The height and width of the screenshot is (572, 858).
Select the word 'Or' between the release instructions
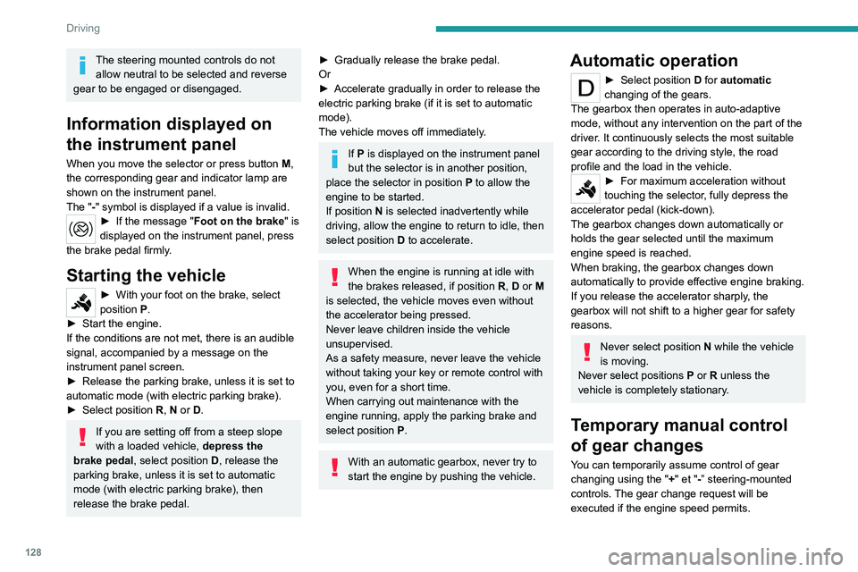click(325, 74)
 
